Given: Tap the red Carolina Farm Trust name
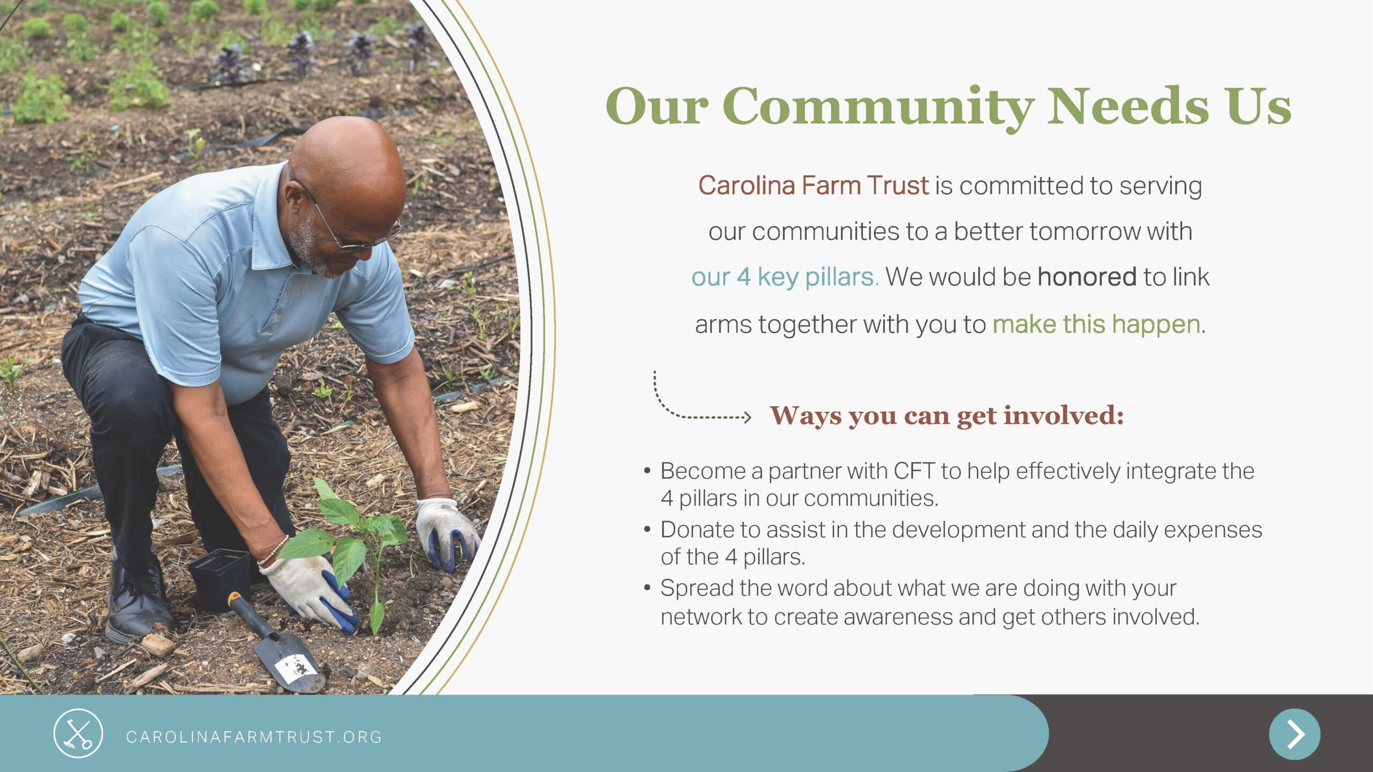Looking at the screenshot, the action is [813, 185].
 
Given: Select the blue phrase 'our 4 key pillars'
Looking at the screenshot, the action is [784, 278].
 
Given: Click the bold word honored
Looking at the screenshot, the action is [1087, 277].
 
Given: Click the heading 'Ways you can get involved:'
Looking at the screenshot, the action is [947, 416].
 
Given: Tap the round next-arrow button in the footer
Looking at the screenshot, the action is [1294, 734].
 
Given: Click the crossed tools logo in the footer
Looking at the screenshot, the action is [78, 733].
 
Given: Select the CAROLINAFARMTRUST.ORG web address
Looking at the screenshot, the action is [254, 737].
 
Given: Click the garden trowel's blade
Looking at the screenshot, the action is [290, 663].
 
